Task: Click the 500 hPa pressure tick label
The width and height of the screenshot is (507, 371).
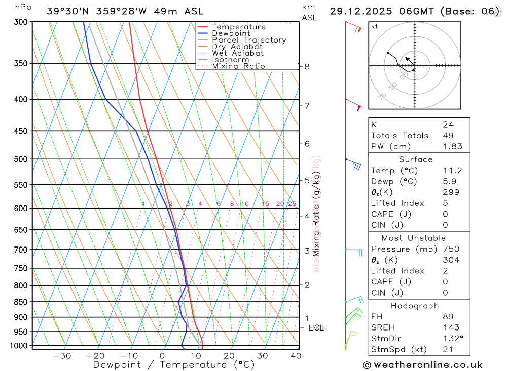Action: click(x=21, y=159)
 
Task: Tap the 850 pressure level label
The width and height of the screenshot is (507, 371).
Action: click(x=21, y=302)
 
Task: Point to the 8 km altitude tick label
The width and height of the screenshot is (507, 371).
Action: click(x=307, y=66)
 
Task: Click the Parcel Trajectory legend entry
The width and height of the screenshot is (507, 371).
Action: click(x=249, y=40)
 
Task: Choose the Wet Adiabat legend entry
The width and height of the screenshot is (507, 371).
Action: click(x=238, y=53)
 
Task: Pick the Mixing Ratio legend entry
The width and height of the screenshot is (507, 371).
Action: click(x=238, y=66)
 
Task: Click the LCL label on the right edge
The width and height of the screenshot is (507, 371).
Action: click(x=316, y=328)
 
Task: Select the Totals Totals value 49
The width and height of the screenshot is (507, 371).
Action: click(x=448, y=135)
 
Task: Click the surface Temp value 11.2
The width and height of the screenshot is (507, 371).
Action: click(x=452, y=171)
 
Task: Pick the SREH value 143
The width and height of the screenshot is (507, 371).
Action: click(x=450, y=327)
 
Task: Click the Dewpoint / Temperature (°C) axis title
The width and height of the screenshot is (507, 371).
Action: click(x=174, y=364)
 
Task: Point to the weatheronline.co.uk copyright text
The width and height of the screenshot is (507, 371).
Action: click(x=422, y=365)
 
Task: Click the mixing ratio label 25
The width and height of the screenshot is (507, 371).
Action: click(x=292, y=204)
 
